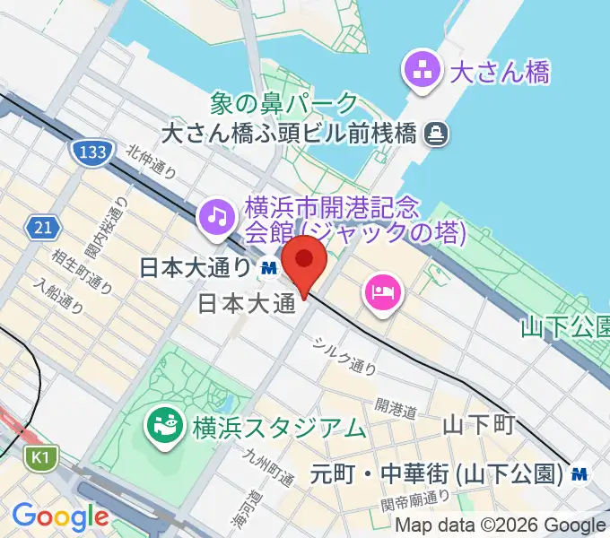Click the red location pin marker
coord(305,262)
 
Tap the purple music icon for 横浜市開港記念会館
coord(216,215)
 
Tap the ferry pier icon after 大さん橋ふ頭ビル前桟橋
coord(438,134)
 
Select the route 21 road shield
coord(39,228)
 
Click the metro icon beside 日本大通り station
coord(268,266)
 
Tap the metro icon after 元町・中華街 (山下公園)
coord(581,473)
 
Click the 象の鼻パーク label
coord(283,105)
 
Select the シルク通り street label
coord(344,354)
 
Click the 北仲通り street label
coord(151,162)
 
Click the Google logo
coord(60,516)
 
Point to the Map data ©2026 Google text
coord(501,525)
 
